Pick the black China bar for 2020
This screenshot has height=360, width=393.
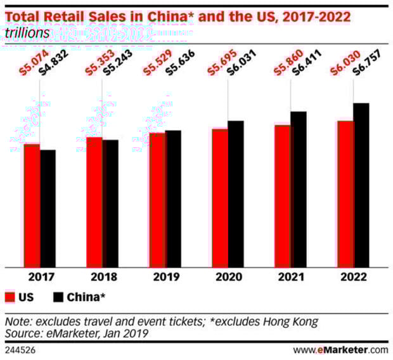(235, 193)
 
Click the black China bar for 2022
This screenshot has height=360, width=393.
(361, 184)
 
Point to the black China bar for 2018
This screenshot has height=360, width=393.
(110, 203)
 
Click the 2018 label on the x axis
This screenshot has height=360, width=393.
(102, 276)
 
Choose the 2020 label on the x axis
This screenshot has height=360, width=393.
(228, 276)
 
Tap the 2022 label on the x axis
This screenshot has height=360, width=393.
(352, 276)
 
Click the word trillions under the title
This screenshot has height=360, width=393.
(27, 32)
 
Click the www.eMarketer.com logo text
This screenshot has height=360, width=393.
(340, 349)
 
